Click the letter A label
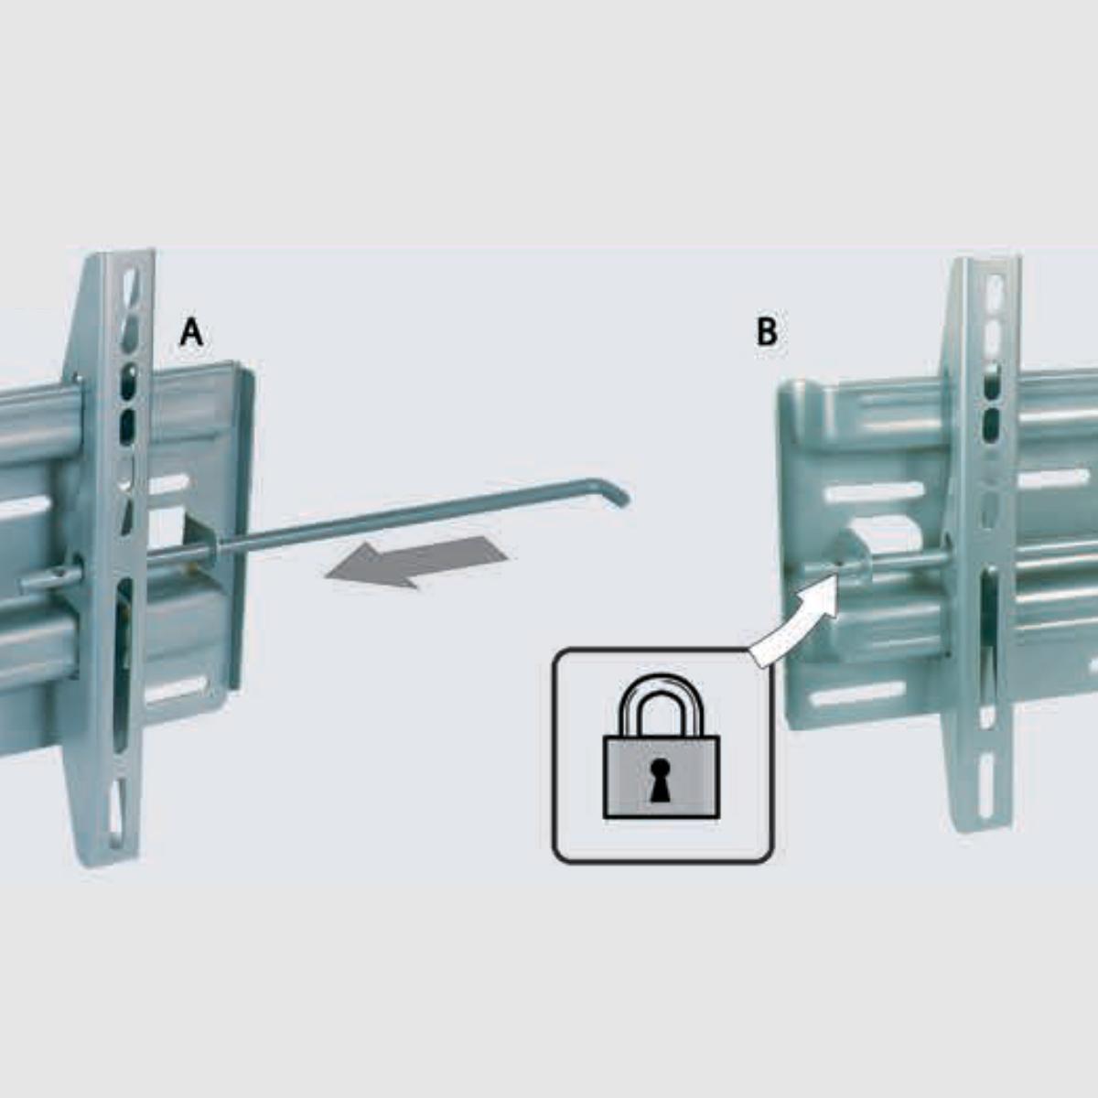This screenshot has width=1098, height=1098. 190,332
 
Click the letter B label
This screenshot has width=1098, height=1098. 767,332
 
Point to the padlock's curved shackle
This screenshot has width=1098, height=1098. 662,705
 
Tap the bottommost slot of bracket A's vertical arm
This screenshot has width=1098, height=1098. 116,808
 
